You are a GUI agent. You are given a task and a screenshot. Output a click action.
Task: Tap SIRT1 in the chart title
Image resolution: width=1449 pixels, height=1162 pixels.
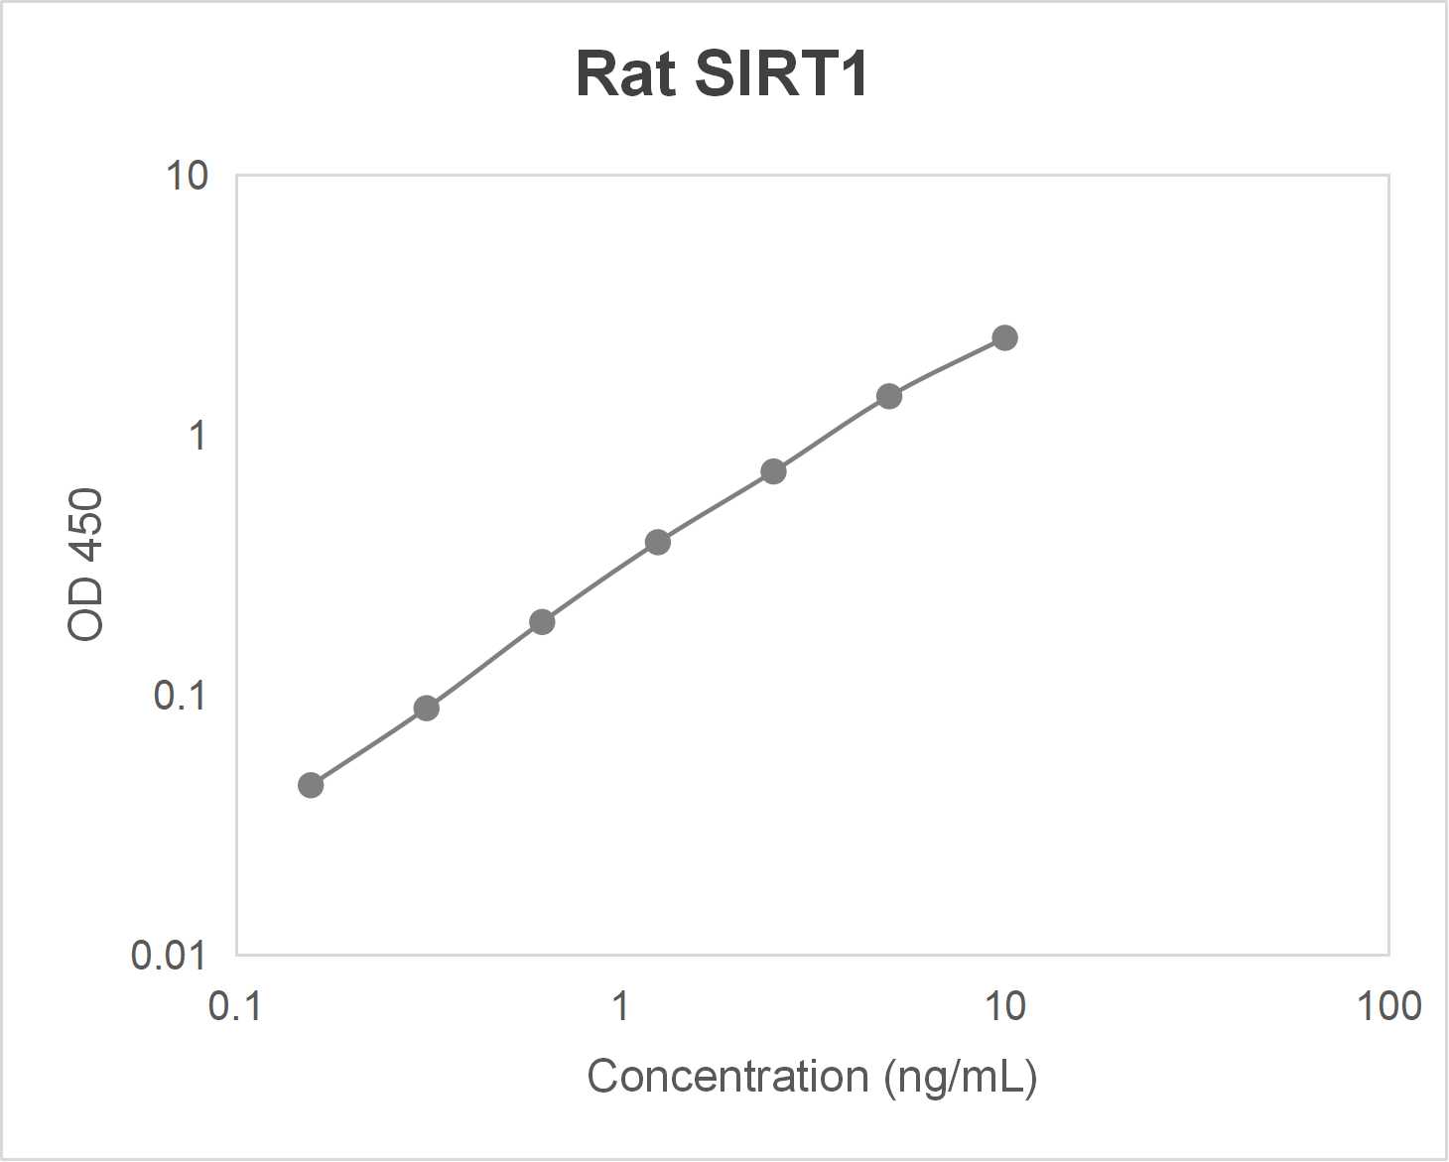tap(781, 74)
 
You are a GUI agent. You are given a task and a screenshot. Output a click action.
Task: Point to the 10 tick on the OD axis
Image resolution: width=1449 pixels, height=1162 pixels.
tap(187, 176)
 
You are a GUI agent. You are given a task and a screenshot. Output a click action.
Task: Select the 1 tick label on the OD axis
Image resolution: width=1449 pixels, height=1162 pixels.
tap(198, 436)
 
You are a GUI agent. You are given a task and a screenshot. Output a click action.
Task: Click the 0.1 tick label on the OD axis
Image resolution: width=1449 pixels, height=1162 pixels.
tap(180, 696)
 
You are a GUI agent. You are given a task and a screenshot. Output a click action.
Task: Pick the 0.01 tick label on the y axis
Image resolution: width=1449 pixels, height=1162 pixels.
tap(168, 956)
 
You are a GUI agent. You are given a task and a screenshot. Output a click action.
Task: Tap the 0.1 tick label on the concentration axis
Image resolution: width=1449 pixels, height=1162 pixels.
tap(235, 1006)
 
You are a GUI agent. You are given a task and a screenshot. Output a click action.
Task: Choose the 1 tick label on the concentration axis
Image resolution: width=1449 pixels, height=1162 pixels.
tap(620, 1006)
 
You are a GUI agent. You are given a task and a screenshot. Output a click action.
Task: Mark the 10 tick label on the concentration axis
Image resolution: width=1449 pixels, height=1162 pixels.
tap(1004, 1006)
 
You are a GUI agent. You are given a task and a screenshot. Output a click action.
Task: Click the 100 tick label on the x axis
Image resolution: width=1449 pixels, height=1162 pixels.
tap(1388, 1006)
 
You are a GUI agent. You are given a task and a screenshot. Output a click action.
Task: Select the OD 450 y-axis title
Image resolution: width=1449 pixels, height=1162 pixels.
tap(86, 565)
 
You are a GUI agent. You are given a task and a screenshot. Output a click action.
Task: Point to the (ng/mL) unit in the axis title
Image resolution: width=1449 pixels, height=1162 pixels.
tap(961, 1077)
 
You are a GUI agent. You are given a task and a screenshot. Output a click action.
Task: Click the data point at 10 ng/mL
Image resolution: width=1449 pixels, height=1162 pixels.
tap(1004, 338)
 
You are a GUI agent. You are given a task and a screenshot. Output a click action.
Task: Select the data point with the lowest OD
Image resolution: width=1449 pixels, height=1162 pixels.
tap(311, 785)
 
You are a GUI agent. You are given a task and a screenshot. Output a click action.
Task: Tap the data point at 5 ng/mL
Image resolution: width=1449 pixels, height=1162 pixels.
tap(889, 396)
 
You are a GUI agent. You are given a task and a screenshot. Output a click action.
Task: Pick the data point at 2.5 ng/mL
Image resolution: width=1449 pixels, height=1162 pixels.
tap(773, 471)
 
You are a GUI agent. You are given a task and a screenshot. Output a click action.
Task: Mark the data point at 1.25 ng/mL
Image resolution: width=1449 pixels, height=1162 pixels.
tap(658, 542)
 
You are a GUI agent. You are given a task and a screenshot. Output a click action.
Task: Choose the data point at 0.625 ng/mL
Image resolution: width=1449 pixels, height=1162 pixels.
tap(542, 622)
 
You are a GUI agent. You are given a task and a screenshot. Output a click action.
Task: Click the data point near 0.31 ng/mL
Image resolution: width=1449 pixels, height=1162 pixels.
tap(426, 708)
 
